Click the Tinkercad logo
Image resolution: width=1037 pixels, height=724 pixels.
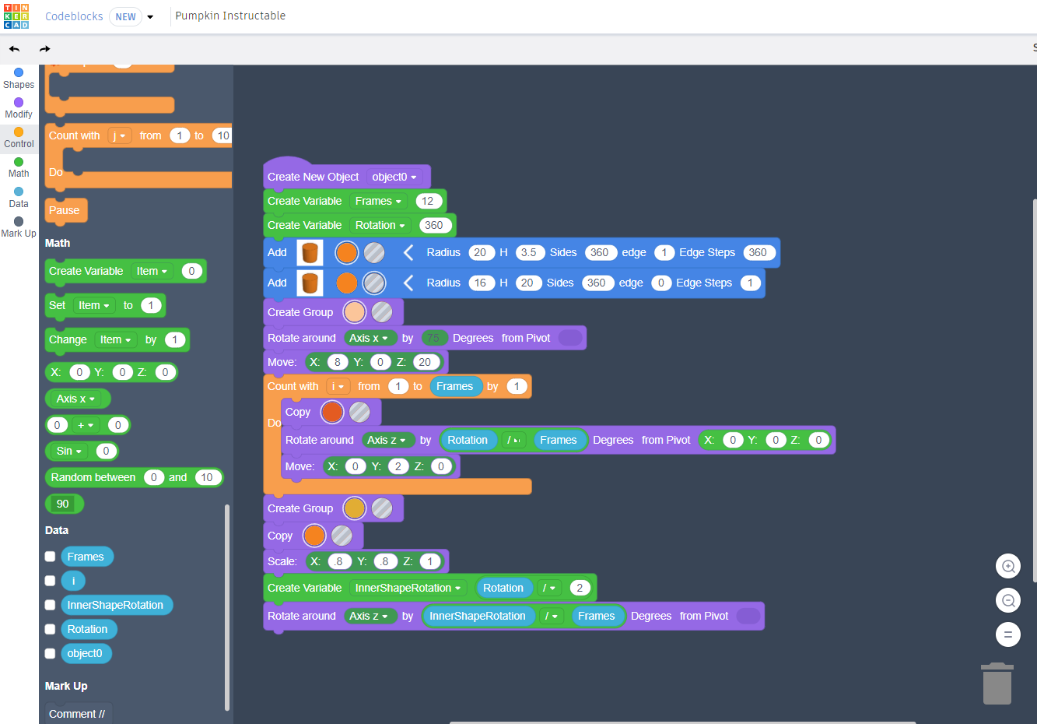(x=16, y=16)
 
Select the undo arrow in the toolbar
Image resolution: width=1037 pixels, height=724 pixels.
(x=15, y=49)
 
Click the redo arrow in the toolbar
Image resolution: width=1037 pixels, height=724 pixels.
(x=44, y=49)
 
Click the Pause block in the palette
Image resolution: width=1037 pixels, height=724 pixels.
(x=65, y=210)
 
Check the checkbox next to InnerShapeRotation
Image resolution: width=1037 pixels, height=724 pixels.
(x=50, y=605)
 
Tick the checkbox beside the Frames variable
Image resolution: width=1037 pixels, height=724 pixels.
(x=50, y=557)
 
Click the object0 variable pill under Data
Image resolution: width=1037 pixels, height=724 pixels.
(x=85, y=653)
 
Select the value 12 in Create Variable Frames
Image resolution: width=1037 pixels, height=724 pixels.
(x=427, y=201)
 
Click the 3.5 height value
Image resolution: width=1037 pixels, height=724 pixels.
(x=528, y=252)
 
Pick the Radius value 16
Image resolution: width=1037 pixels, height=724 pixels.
(x=480, y=283)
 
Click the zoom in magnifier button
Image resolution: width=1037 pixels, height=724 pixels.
(x=1008, y=566)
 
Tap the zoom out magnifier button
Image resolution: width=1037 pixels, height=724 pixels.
(x=1008, y=600)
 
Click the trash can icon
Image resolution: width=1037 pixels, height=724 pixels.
(x=997, y=684)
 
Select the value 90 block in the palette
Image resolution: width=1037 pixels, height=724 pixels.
(x=63, y=504)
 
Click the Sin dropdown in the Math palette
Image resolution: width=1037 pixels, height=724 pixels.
(x=68, y=451)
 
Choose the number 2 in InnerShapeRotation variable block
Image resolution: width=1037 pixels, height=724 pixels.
(x=580, y=588)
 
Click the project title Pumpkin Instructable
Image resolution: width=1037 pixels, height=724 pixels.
(x=230, y=16)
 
